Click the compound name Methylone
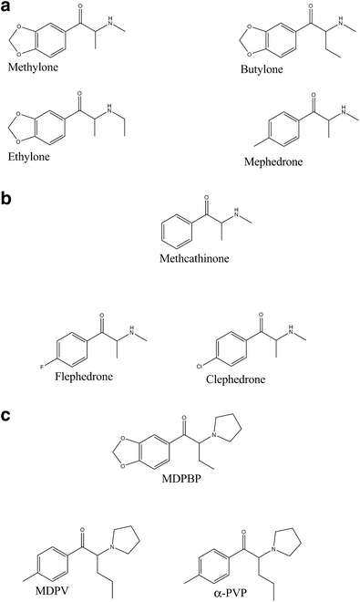(31, 67)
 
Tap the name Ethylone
(29, 157)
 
